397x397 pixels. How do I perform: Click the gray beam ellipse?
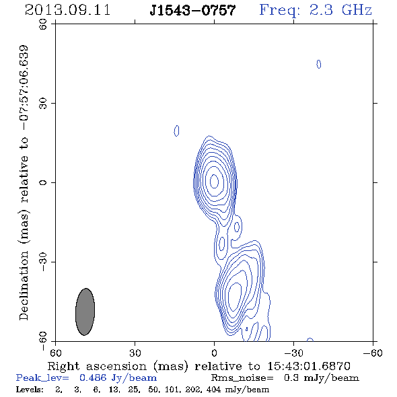[x=85, y=312]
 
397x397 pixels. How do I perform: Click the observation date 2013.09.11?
[x=67, y=10]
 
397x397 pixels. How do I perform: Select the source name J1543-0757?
[x=192, y=10]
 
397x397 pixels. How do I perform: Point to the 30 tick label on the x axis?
[x=135, y=353]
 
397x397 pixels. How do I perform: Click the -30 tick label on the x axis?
[x=293, y=353]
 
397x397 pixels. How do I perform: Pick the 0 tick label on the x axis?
[x=214, y=353]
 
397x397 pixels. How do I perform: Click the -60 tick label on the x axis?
[x=373, y=353]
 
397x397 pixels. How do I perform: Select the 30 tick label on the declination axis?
[x=43, y=103]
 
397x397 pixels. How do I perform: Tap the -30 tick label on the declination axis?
[x=43, y=262]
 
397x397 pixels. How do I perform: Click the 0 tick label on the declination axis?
[x=43, y=182]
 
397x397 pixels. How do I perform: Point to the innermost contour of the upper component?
[x=215, y=181]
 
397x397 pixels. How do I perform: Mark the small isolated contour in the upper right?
[x=319, y=65]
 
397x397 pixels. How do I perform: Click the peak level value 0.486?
[x=93, y=378]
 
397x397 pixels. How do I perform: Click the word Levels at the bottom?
[x=30, y=390]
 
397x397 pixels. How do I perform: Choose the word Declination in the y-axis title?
[x=24, y=285]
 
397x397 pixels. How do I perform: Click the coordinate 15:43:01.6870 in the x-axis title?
[x=309, y=366]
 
